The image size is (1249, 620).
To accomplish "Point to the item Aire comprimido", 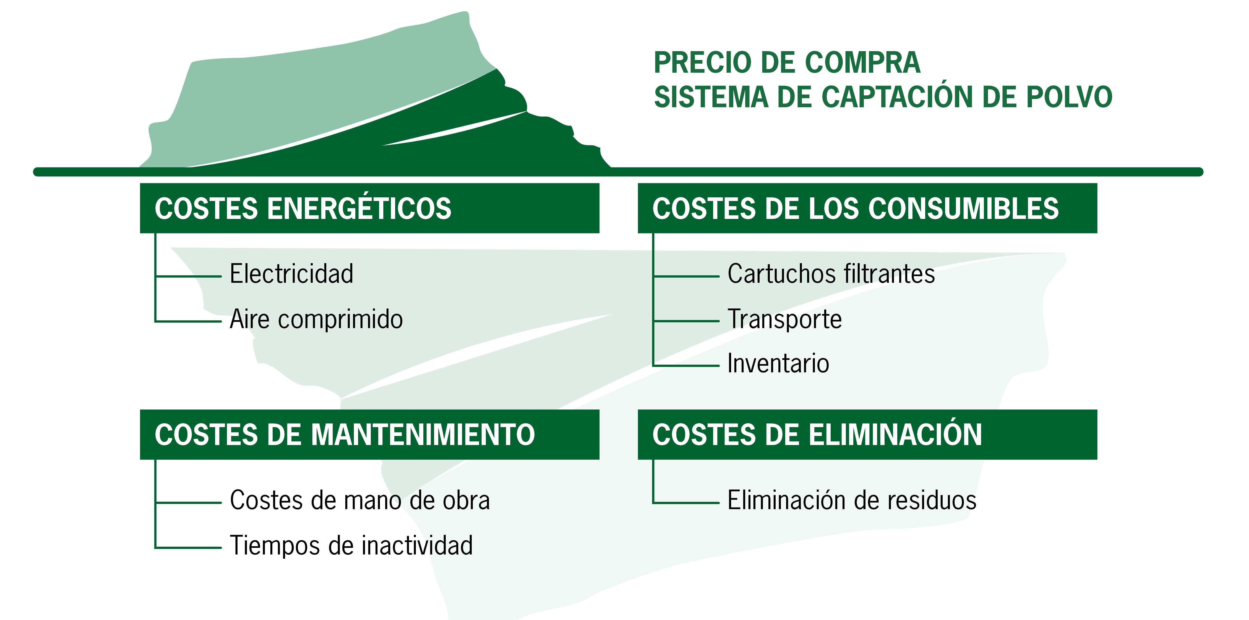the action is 316,320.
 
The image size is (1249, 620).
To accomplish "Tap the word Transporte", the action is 784,320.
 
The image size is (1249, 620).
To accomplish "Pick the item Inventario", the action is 778,363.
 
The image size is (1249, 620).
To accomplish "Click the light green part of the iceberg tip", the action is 310,97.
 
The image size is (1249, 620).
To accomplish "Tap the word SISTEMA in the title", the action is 711,97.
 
